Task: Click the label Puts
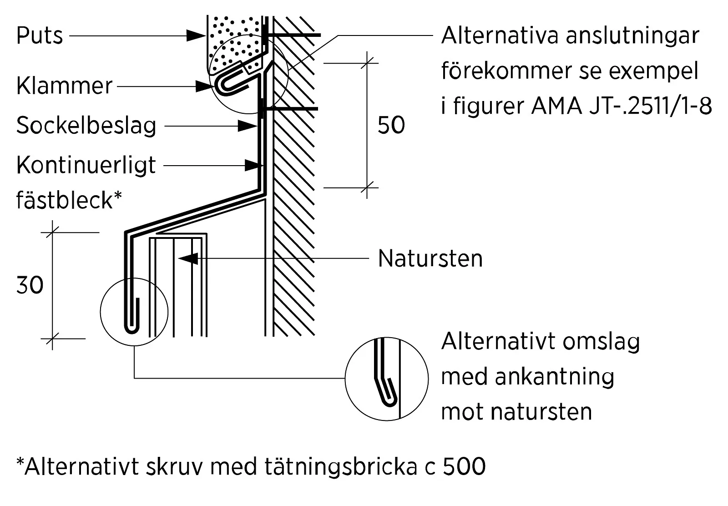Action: coord(39,35)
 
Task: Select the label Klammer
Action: coord(64,86)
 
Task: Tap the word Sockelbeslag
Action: coord(86,126)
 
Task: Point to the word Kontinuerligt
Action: coord(86,166)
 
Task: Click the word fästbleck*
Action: coord(69,200)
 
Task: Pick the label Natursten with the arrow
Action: coord(430,258)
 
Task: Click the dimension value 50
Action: coord(391,125)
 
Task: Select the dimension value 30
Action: coord(30,285)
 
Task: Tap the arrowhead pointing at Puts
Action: coord(196,35)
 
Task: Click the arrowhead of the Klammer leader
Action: coord(205,86)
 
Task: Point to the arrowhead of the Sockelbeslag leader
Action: coord(248,126)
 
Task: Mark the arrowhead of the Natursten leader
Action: coord(188,258)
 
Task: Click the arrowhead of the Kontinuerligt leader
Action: coord(254,166)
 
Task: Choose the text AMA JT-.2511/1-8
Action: coord(621,106)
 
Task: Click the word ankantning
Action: coord(555,377)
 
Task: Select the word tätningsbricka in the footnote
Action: coord(341,466)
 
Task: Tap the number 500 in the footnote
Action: coord(464,466)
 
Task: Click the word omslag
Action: coord(601,342)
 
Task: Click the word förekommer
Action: coord(507,71)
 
